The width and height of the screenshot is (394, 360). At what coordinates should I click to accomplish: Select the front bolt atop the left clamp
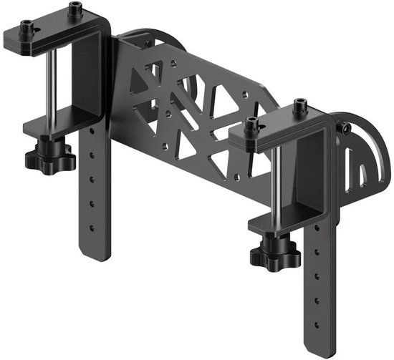pos(28,29)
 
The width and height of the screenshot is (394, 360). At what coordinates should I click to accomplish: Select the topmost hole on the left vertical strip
pos(91,136)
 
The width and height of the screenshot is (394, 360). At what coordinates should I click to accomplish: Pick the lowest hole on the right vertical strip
pos(318,312)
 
